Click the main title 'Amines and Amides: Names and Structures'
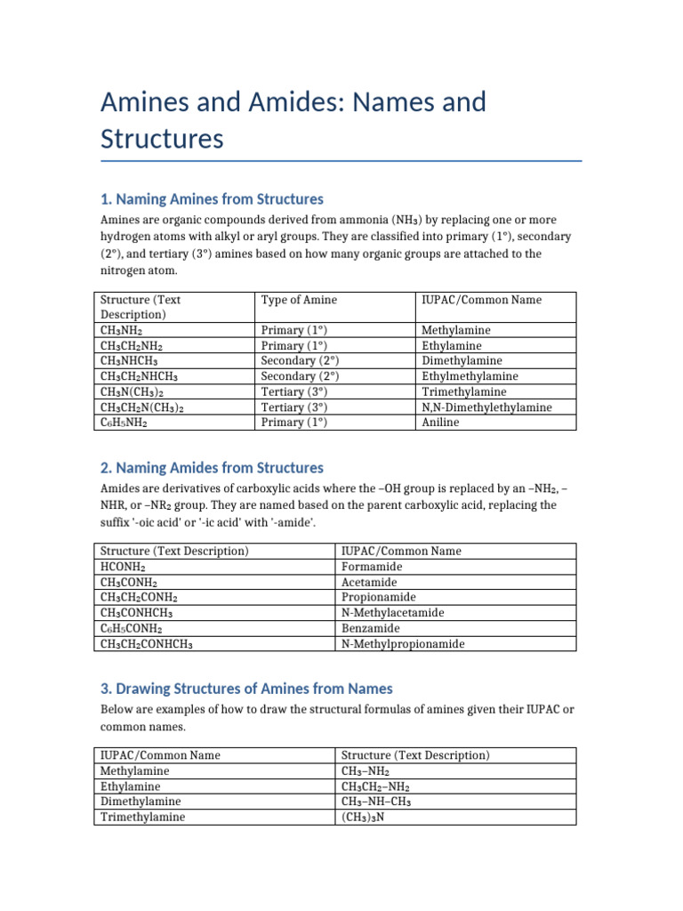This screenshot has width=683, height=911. [293, 121]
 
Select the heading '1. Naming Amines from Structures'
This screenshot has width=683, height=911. [212, 198]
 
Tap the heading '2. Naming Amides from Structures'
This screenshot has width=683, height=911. [212, 467]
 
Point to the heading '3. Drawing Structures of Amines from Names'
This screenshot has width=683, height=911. [246, 689]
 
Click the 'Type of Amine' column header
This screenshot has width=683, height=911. [299, 300]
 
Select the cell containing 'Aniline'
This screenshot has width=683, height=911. [440, 423]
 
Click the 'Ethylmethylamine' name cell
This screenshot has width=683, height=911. [469, 376]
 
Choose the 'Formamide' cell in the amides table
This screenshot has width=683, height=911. [372, 567]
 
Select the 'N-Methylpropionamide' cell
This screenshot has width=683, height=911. [403, 644]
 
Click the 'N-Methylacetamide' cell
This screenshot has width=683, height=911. [393, 613]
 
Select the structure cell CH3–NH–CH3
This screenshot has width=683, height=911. [377, 802]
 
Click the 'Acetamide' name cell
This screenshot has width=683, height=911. [371, 582]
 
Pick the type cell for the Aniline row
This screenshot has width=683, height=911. [294, 423]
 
